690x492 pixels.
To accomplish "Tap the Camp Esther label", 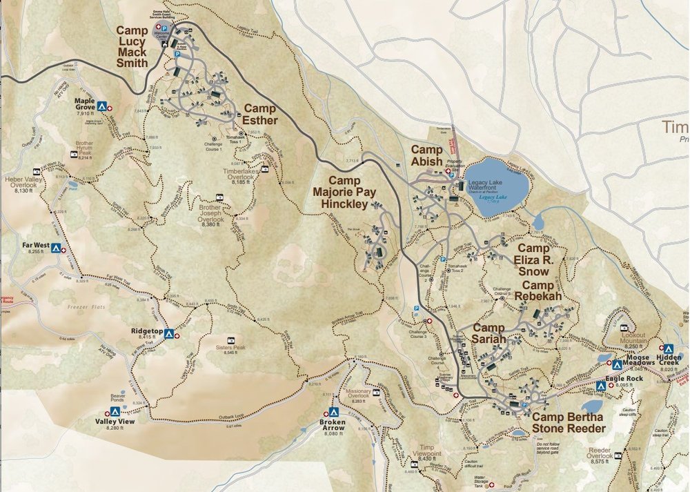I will tap(259, 115).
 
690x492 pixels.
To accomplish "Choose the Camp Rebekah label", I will tap(547, 291).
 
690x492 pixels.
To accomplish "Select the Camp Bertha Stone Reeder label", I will tap(567, 422).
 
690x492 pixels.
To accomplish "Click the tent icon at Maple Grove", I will tap(101, 107).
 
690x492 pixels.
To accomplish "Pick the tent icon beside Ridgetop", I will tap(168, 333).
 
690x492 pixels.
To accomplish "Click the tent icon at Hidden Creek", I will tap(667, 349).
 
